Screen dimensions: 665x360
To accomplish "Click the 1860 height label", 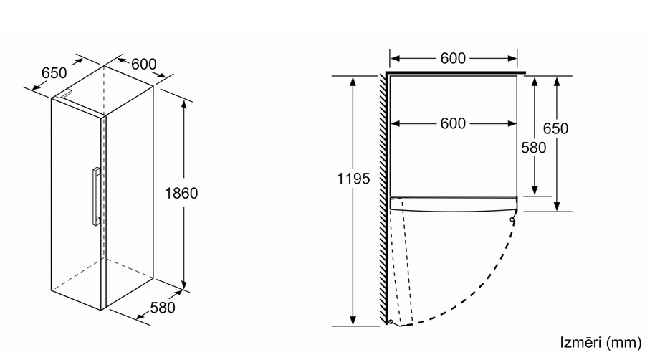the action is (181, 193).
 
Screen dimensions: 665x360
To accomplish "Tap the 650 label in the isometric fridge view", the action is (54, 73).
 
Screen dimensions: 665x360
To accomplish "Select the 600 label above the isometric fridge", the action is (144, 64).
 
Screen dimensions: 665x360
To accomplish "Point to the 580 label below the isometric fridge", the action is (163, 308).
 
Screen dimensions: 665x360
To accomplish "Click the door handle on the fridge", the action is (96, 196).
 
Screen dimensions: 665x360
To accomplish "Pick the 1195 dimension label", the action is (353, 179).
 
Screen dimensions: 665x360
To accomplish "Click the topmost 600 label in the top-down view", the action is (453, 58).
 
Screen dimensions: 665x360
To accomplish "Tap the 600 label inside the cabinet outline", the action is (453, 123).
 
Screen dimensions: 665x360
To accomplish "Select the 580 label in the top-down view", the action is (534, 148).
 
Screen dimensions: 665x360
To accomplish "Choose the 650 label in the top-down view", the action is (555, 128).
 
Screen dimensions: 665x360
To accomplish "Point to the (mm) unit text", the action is (624, 343).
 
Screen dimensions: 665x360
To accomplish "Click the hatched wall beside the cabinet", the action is (383, 199).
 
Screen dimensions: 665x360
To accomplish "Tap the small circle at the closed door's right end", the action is (512, 219).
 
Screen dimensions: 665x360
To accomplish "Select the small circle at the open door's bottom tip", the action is (390, 322).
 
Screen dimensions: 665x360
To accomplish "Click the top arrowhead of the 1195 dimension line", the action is (353, 80).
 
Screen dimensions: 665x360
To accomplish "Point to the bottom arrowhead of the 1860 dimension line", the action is (183, 285).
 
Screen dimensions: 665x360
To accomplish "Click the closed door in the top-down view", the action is (454, 204).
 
